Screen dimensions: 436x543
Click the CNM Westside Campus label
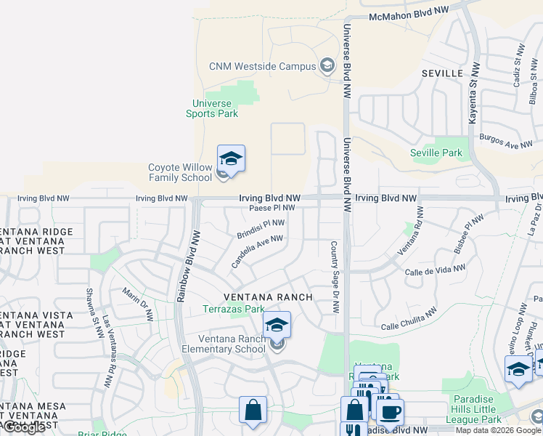tap(262, 66)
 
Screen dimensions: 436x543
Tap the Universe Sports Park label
tap(211, 108)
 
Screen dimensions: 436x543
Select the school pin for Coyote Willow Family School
tap(231, 160)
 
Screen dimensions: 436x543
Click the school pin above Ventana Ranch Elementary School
tap(277, 325)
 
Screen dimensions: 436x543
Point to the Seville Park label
tap(436, 153)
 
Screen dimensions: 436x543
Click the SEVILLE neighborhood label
tap(441, 73)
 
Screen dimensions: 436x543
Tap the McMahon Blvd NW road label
tap(409, 15)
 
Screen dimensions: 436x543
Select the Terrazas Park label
tap(234, 309)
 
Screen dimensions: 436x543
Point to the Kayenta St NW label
tap(474, 92)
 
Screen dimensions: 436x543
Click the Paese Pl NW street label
tap(271, 208)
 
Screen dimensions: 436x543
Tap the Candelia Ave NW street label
tap(256, 251)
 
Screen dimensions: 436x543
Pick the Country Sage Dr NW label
tap(335, 277)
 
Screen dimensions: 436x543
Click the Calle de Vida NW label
tap(436, 270)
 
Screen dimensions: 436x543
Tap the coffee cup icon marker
tap(391, 411)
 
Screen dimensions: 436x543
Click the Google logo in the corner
tap(24, 427)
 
